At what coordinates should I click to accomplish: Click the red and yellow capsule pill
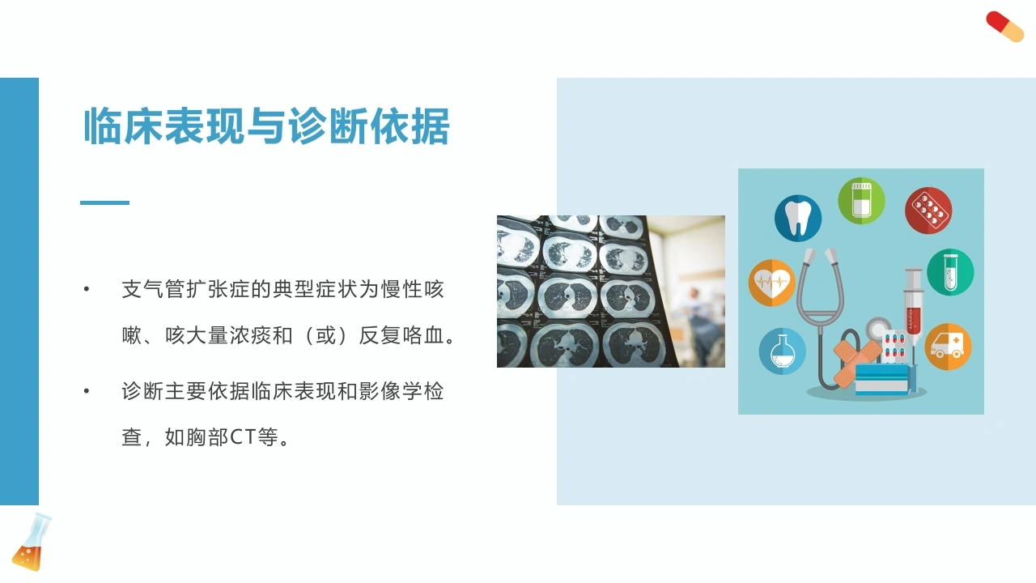pos(1004,27)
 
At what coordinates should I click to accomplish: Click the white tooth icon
pos(798,218)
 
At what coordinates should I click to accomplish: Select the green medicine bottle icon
pos(861,201)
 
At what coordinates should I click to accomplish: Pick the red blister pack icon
pos(928,210)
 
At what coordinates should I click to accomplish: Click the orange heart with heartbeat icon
pos(772,283)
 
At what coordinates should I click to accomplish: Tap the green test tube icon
pos(950,272)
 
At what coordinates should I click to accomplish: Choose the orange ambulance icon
pos(948,347)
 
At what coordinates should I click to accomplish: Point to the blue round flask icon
pos(782,351)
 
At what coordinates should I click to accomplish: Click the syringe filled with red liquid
pos(914,305)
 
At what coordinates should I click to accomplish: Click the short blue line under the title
pos(104,202)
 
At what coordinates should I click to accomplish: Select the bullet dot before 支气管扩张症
pos(87,289)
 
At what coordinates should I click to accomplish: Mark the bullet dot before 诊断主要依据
pos(87,391)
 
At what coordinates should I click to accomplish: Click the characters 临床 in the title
pos(123,126)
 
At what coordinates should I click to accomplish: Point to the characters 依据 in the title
pos(410,126)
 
